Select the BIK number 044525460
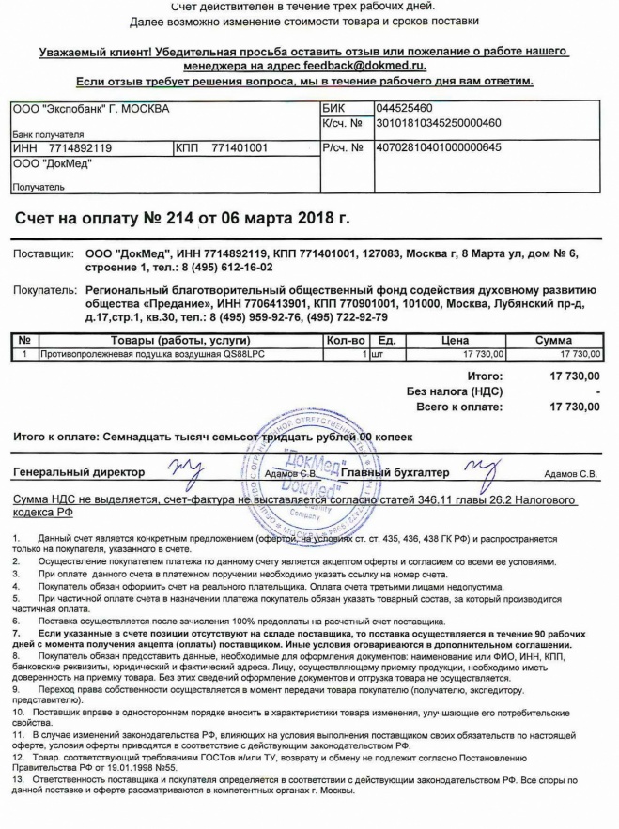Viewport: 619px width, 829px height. click(404, 109)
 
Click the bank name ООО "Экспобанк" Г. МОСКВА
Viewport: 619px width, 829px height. click(91, 109)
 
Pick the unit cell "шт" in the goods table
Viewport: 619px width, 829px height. click(379, 354)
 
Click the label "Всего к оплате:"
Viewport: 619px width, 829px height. click(459, 407)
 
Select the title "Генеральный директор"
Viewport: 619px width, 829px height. click(80, 472)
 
